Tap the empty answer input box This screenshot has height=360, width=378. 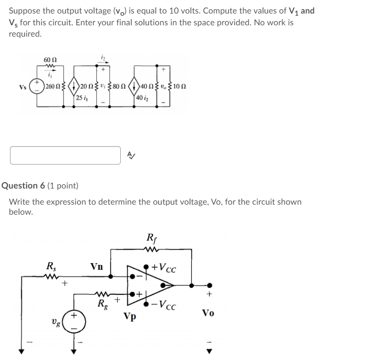point(65,155)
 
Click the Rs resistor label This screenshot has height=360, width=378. point(51,265)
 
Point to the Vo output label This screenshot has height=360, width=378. point(208,312)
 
